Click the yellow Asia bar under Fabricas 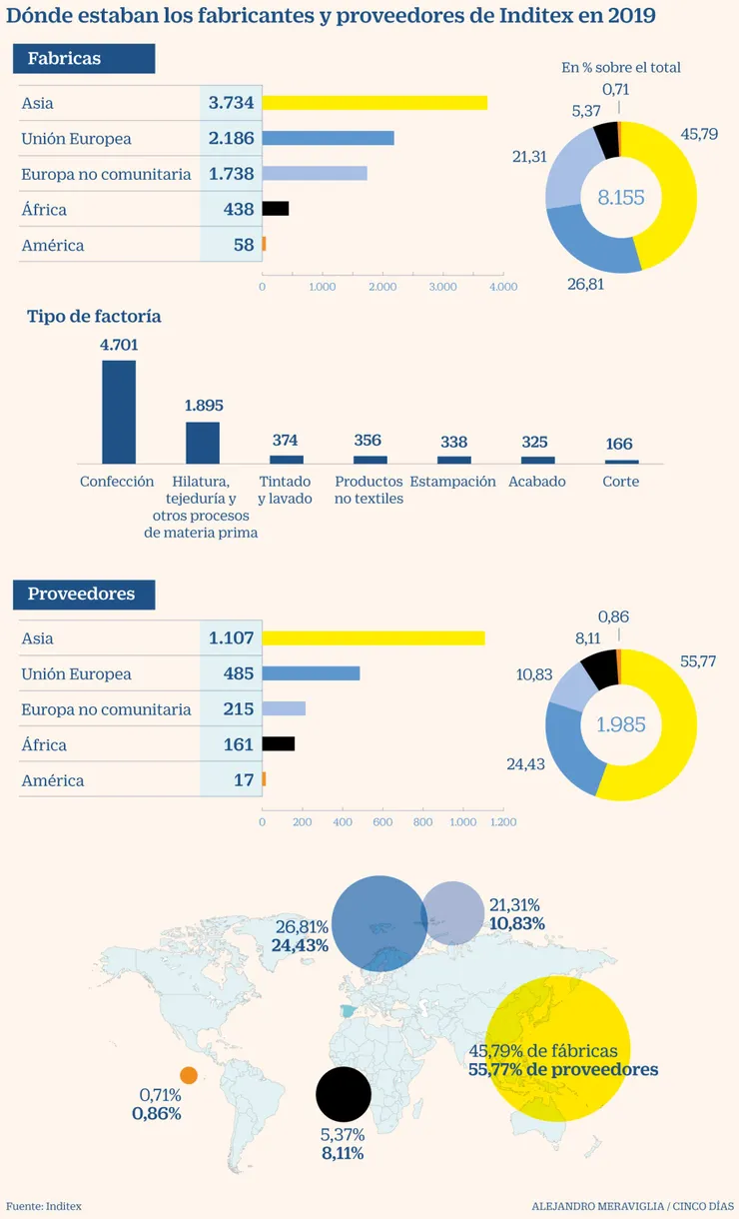coord(374,103)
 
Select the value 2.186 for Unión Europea coord(232,139)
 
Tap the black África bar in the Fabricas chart coord(276,209)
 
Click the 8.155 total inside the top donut coord(621,198)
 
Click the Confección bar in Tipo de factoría coord(119,411)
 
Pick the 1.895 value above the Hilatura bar coord(204,406)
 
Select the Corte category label coord(621,482)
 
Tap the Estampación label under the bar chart coord(452,482)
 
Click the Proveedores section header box coord(84,594)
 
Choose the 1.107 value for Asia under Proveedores coord(232,638)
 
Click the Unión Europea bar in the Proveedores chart coord(311,673)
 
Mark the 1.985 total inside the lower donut coord(621,725)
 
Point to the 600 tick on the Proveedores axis coord(382,822)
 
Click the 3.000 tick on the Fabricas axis coord(443,287)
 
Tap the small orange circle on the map coord(189,1075)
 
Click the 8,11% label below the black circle coord(342,1153)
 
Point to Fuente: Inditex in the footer coord(44,1206)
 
